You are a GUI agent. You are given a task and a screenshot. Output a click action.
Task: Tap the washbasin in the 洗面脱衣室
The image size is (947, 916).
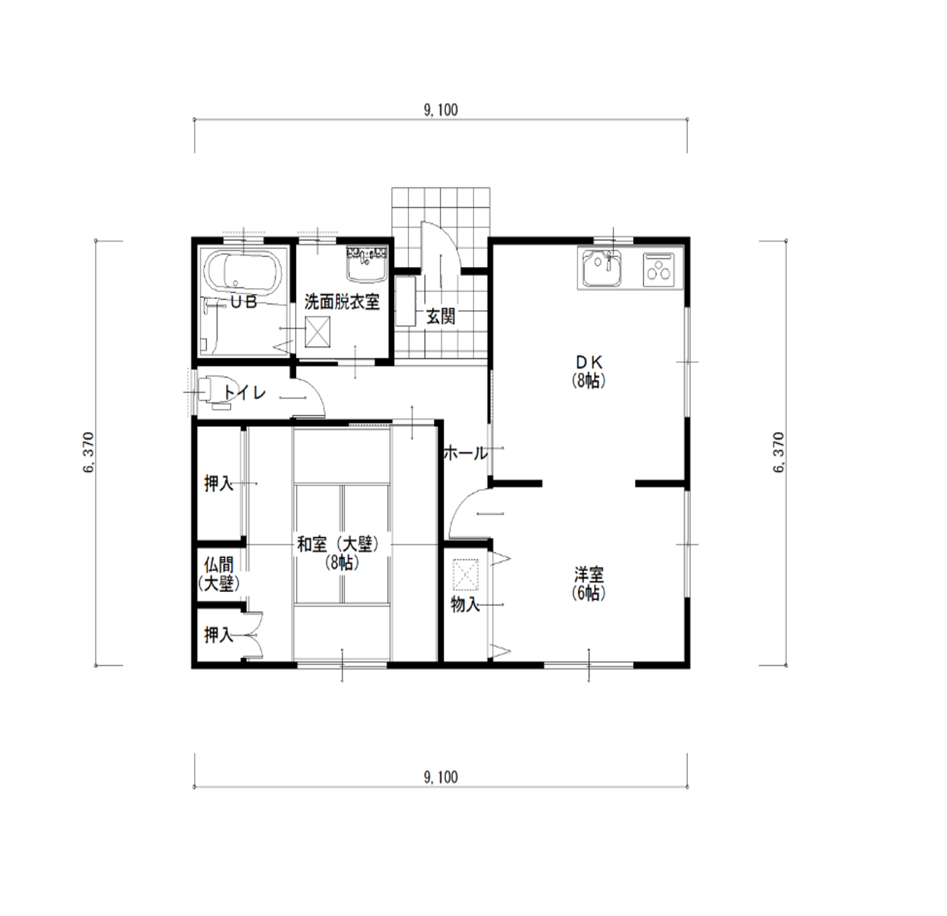point(368,264)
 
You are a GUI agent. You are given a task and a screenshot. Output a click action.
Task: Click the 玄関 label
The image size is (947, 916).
point(440,316)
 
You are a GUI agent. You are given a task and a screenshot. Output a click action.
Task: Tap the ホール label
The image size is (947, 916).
point(465,453)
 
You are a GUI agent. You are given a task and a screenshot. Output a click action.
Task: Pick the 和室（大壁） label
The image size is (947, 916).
point(338,545)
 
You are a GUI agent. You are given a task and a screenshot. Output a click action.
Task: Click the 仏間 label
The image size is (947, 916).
point(219,565)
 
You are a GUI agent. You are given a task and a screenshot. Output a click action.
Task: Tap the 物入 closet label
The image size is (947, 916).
point(465,604)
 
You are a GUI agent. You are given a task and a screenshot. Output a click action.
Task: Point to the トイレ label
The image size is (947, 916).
point(245,392)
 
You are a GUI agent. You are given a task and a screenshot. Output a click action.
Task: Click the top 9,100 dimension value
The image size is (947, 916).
point(440,110)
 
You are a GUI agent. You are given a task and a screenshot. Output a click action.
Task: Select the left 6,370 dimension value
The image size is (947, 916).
point(88,453)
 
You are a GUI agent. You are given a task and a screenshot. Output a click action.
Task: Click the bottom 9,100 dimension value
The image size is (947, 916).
point(440,777)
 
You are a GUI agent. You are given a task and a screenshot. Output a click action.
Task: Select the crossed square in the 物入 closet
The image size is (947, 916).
point(466,575)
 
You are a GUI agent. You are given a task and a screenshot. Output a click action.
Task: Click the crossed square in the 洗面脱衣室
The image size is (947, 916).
point(318,332)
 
